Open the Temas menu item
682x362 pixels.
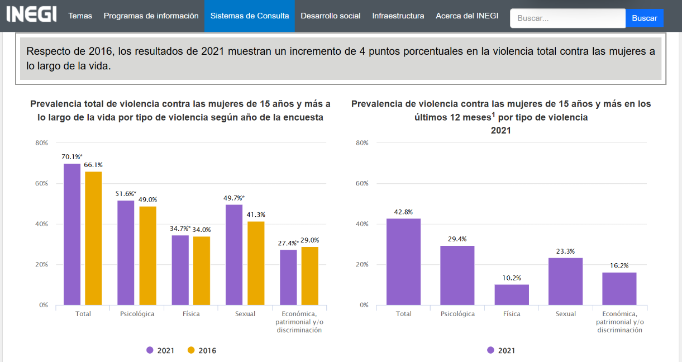coord(80,16)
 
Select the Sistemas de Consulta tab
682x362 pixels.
coord(250,16)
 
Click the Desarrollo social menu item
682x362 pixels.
coord(330,16)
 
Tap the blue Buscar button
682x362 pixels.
coord(644,18)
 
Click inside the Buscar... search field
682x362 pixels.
coord(567,18)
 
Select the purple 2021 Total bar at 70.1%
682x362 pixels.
coord(72,234)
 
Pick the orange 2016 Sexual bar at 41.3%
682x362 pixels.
coord(256,263)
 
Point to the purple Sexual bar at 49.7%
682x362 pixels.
coord(234,255)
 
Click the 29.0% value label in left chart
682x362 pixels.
coord(309,240)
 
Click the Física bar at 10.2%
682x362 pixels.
coord(512,294)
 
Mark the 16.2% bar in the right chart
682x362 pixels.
coord(619,288)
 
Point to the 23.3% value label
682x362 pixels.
coord(565,251)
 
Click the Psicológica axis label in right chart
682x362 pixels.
coord(457,314)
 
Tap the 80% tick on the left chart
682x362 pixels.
coord(42,143)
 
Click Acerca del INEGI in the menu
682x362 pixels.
coord(467,16)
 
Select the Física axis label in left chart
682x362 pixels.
coord(191,314)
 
